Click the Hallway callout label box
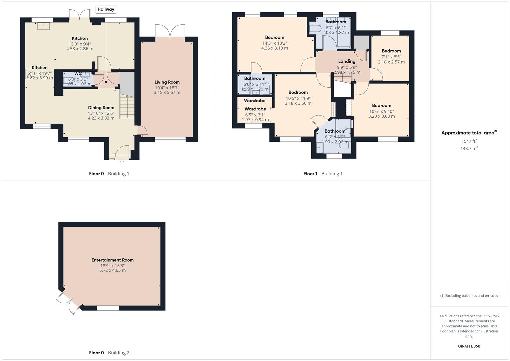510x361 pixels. [x=106, y=9]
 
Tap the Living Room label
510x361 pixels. [x=167, y=82]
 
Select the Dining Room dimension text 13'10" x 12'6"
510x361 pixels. [x=101, y=113]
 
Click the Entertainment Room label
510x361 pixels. [x=112, y=260]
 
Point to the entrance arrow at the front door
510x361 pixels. [x=122, y=162]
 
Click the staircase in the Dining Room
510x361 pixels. [x=127, y=106]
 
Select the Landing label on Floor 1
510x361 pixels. [x=347, y=61]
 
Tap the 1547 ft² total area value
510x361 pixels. [x=469, y=141]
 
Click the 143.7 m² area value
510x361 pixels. [x=469, y=149]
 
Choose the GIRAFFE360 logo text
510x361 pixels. [x=469, y=346]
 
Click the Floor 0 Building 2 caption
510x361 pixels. [x=109, y=353]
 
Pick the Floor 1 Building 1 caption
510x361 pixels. [x=323, y=174]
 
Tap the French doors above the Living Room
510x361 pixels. [x=170, y=32]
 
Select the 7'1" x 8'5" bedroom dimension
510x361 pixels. [x=391, y=57]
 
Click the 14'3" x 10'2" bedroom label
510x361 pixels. [x=275, y=43]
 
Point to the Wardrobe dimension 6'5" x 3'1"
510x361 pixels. [x=255, y=115]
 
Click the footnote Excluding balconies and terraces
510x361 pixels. [x=469, y=296]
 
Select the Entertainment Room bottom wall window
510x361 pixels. [x=108, y=308]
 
